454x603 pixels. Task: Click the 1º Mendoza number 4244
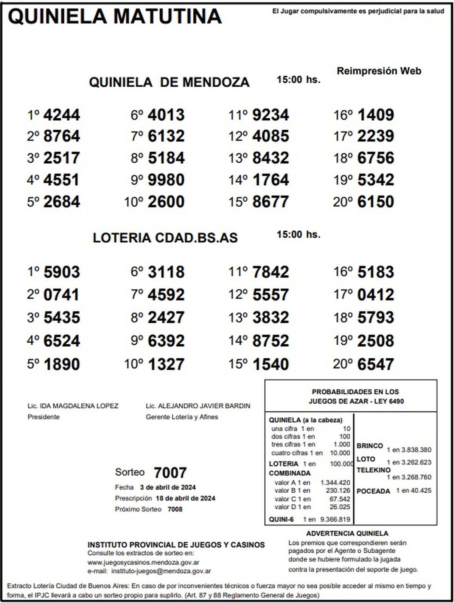pos(62,115)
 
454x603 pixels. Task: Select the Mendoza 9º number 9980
pos(166,180)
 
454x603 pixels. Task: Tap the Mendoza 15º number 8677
pos(271,202)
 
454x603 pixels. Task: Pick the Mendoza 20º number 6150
pos(376,202)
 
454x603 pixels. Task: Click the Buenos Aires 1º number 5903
pos(62,272)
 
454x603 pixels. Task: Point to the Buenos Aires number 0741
pos(62,295)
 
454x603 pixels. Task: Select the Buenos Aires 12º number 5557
pos(271,295)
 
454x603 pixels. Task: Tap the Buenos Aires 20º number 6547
pos(376,364)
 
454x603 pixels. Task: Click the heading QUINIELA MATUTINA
pos(115,17)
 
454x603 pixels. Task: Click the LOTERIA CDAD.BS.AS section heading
pos(165,238)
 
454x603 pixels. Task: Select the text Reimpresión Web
pos(379,71)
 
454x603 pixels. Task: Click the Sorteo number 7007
pos(170,473)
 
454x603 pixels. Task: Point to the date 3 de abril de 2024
pos(168,487)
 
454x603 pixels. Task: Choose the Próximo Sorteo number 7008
pos(175,509)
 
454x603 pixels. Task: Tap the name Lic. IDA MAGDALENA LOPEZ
pos(73,406)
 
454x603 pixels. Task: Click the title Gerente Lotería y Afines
pos(182,417)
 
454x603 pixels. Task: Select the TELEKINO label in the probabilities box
pos(373,470)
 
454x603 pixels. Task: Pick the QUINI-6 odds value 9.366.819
pos(335,519)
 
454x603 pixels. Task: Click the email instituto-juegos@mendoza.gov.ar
pos(162,571)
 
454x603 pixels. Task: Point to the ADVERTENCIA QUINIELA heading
pos(347,533)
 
